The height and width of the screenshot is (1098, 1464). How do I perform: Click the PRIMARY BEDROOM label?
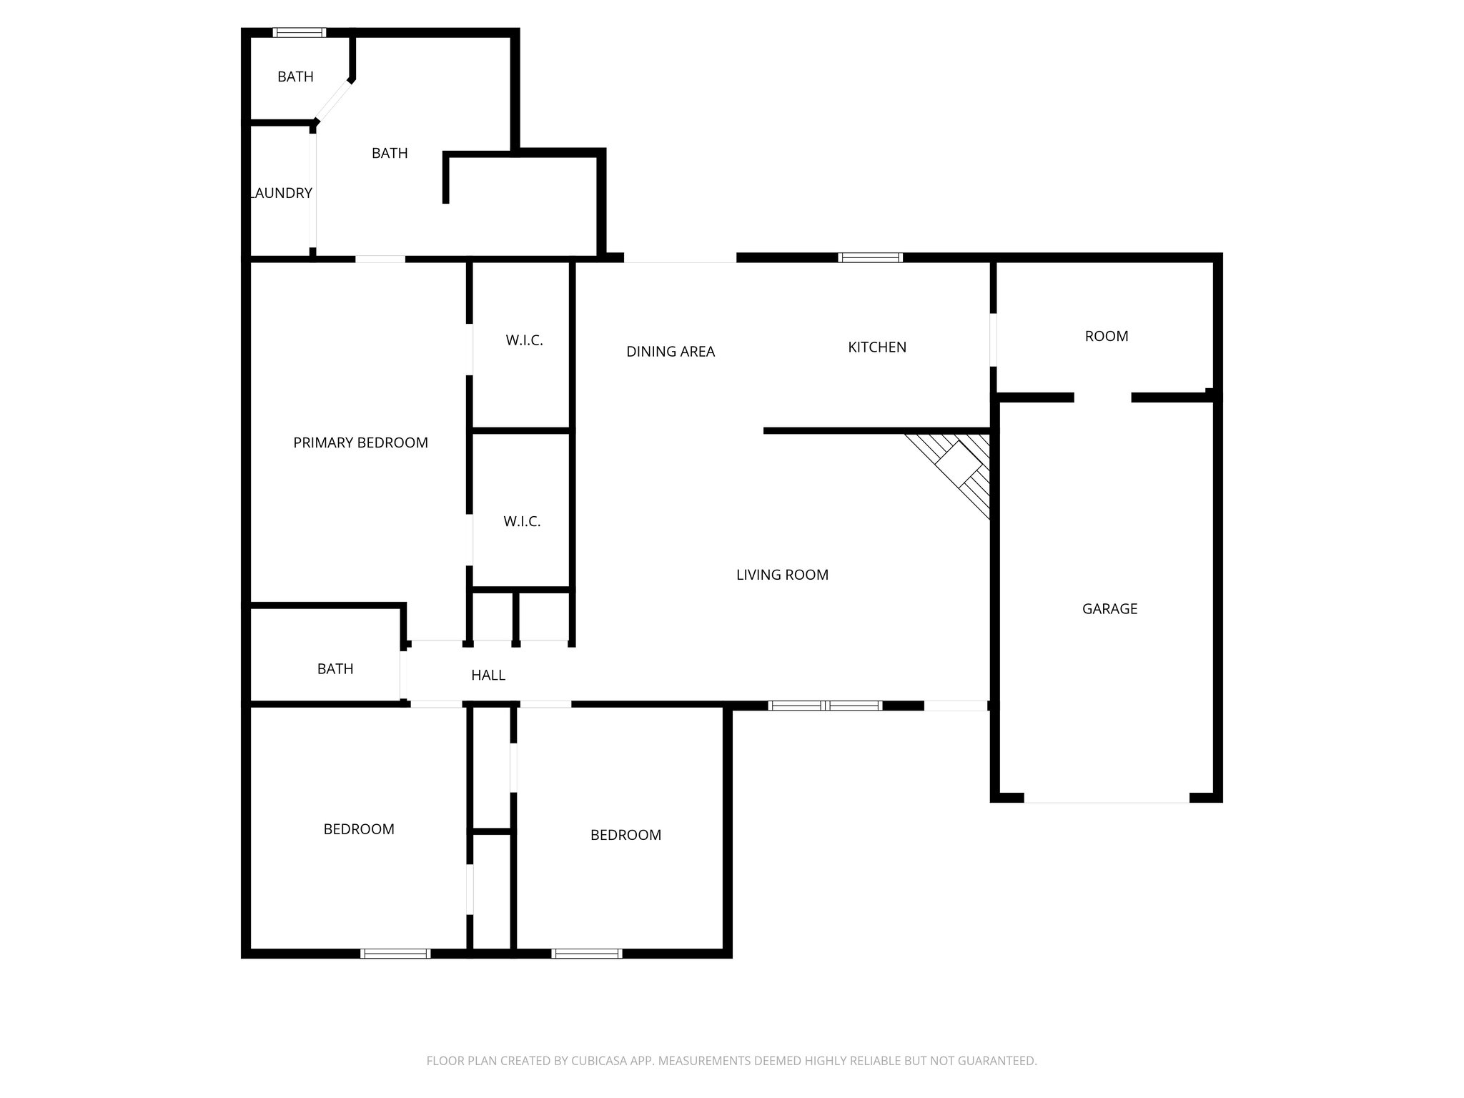coord(360,443)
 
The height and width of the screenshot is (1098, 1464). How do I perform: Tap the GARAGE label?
coord(1109,609)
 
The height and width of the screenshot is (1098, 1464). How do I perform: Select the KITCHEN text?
coord(877,347)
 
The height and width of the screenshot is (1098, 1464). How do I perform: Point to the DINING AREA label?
coord(671,352)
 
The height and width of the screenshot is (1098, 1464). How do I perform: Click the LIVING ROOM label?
coord(782,575)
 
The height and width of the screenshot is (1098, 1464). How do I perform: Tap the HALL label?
coord(488,676)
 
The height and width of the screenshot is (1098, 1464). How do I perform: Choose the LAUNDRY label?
coord(282,193)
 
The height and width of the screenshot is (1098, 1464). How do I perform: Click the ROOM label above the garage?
coord(1107,337)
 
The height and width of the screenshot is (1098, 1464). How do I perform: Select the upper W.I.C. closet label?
coord(525,341)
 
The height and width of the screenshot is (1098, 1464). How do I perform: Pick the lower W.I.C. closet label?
coord(522,522)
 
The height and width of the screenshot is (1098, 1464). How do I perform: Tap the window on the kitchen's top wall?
coord(870,257)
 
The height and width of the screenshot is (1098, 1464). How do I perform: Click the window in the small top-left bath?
coord(300,32)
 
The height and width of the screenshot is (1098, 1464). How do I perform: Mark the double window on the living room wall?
coord(825,706)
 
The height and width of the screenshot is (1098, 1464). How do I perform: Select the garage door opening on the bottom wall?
coord(1107,798)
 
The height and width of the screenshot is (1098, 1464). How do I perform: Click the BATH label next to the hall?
coord(335,669)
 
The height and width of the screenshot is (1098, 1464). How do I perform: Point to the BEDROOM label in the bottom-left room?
coord(359,829)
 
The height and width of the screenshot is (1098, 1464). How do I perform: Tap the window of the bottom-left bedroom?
coord(395,953)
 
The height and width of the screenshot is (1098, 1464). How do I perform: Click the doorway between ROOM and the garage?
coord(1102,397)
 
